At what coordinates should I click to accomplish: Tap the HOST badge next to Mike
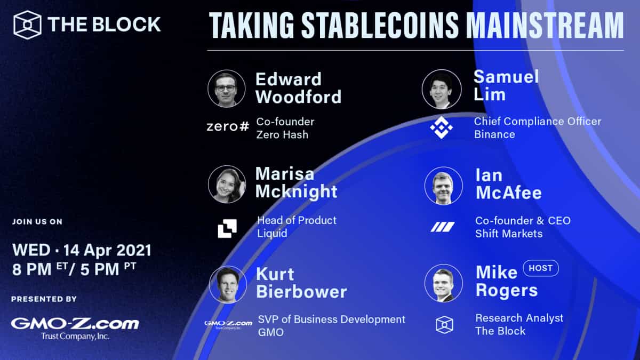click(540, 268)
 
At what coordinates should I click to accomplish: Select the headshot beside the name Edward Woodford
click(227, 89)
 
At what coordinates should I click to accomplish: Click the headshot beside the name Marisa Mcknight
click(227, 185)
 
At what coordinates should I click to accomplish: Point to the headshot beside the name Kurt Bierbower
click(228, 284)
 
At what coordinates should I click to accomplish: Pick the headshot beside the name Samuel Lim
click(441, 89)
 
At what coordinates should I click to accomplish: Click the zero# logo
click(228, 127)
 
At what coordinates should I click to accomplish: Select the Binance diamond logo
click(441, 127)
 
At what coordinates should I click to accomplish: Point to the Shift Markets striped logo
click(443, 227)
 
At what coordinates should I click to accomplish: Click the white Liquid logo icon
click(227, 228)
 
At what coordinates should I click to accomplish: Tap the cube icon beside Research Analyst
click(444, 324)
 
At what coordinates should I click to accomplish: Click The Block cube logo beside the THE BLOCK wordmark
click(27, 25)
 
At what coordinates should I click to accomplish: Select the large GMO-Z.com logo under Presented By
click(75, 324)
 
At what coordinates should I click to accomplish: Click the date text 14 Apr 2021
click(107, 250)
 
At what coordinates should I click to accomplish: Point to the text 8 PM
click(33, 269)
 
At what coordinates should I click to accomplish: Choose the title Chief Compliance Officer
click(537, 121)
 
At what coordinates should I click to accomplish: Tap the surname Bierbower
click(301, 292)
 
